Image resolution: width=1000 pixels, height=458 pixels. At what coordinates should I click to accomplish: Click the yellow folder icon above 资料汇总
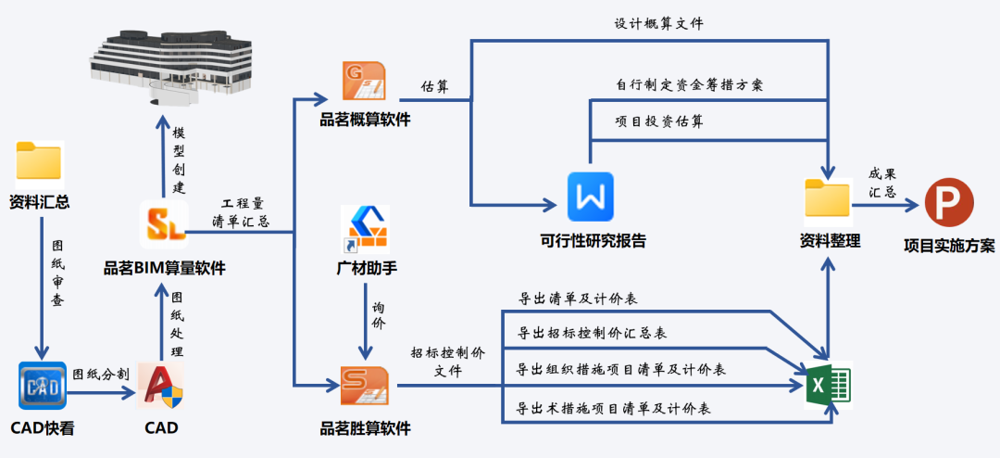tap(39, 161)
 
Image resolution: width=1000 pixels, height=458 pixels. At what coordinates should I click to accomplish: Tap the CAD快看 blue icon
tap(42, 386)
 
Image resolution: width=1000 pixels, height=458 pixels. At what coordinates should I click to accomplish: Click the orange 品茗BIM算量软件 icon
tap(164, 224)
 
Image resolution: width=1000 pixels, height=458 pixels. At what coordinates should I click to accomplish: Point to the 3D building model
tap(170, 57)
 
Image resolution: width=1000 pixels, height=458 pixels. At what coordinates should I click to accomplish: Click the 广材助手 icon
tap(365, 229)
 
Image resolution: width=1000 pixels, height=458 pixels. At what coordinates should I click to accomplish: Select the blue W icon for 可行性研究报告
tap(590, 197)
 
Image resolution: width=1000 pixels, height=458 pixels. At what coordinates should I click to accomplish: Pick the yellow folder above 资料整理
tap(828, 200)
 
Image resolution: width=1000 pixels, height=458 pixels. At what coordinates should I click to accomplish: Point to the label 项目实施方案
tap(949, 246)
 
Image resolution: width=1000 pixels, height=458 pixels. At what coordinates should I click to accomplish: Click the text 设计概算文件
tap(658, 24)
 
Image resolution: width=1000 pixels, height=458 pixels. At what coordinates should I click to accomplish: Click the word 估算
tap(435, 85)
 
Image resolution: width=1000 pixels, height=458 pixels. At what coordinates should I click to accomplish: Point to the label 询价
tap(380, 314)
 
